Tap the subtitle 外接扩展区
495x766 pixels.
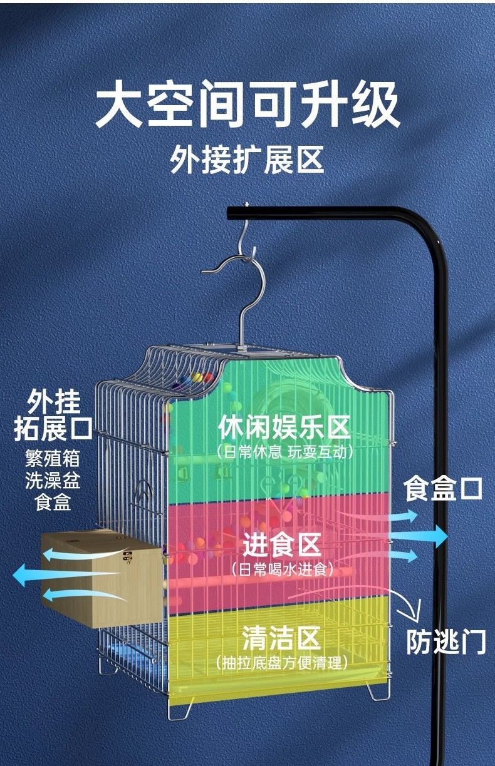pyautogui.click(x=247, y=158)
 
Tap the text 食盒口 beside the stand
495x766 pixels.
pyautogui.click(x=443, y=488)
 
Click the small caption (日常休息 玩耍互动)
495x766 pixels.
pyautogui.click(x=284, y=451)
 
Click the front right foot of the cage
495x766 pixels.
pyautogui.click(x=378, y=692)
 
